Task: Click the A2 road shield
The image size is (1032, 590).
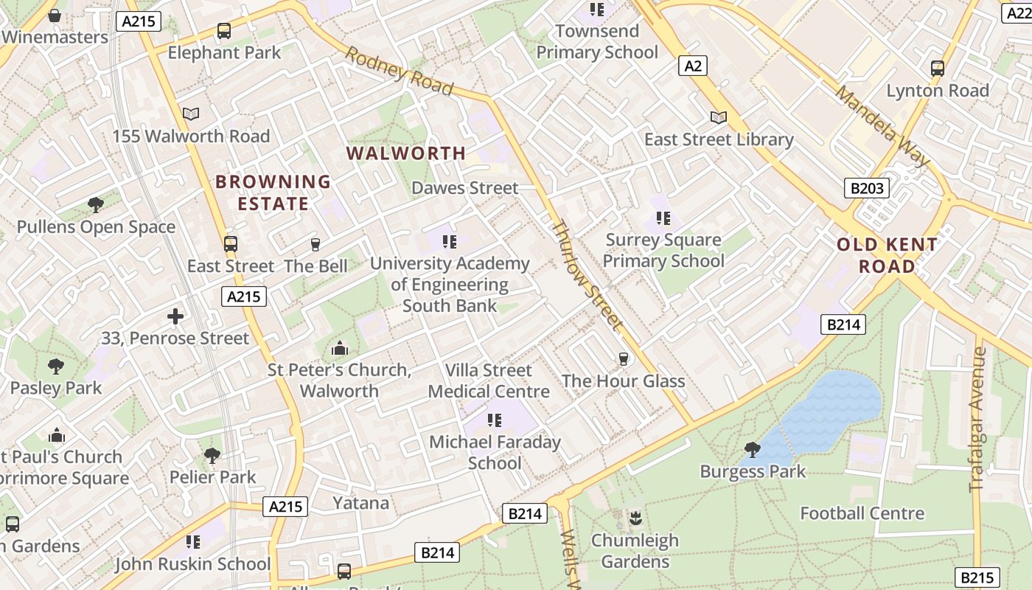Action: (693, 66)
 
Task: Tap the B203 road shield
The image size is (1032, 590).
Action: (866, 188)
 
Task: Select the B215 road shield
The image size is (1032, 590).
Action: (977, 577)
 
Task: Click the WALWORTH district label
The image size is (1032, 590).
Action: (406, 153)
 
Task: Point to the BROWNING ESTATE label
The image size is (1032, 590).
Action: (273, 192)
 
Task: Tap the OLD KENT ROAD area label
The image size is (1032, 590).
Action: (888, 255)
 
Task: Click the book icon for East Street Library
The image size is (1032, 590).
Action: (718, 117)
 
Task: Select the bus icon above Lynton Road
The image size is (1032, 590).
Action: (938, 69)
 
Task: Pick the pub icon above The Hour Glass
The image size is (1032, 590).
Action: (624, 359)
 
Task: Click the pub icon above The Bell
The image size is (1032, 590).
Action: (315, 244)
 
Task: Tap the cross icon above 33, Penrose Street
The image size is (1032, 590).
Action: (175, 316)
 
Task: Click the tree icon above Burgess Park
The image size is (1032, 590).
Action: (753, 449)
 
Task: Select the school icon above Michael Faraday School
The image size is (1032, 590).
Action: (495, 420)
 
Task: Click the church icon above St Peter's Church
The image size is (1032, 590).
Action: (340, 347)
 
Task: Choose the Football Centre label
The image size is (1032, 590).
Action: (862, 513)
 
